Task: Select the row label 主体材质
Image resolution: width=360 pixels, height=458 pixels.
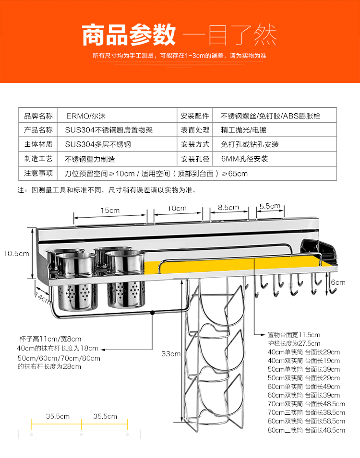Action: [38, 144]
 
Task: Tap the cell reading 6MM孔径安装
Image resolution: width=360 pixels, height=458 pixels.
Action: [244, 158]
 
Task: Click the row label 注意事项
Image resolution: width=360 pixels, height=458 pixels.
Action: [38, 173]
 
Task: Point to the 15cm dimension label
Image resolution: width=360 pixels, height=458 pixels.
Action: [110, 210]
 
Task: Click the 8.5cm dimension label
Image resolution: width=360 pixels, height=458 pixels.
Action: [228, 208]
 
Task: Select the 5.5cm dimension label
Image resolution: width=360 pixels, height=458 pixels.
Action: [270, 206]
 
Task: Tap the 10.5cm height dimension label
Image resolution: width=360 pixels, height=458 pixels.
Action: [16, 253]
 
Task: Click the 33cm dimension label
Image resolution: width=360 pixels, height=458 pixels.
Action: [171, 354]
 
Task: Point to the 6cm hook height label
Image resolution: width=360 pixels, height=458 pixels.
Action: [338, 282]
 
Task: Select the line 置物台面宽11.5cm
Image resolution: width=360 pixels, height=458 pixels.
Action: [294, 335]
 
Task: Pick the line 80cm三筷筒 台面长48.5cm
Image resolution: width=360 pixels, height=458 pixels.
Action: [306, 430]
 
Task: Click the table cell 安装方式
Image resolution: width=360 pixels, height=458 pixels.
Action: [195, 144]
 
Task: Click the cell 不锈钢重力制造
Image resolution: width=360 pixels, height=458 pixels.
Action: [90, 159]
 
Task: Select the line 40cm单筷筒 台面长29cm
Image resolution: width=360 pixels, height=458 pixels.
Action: [303, 352]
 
